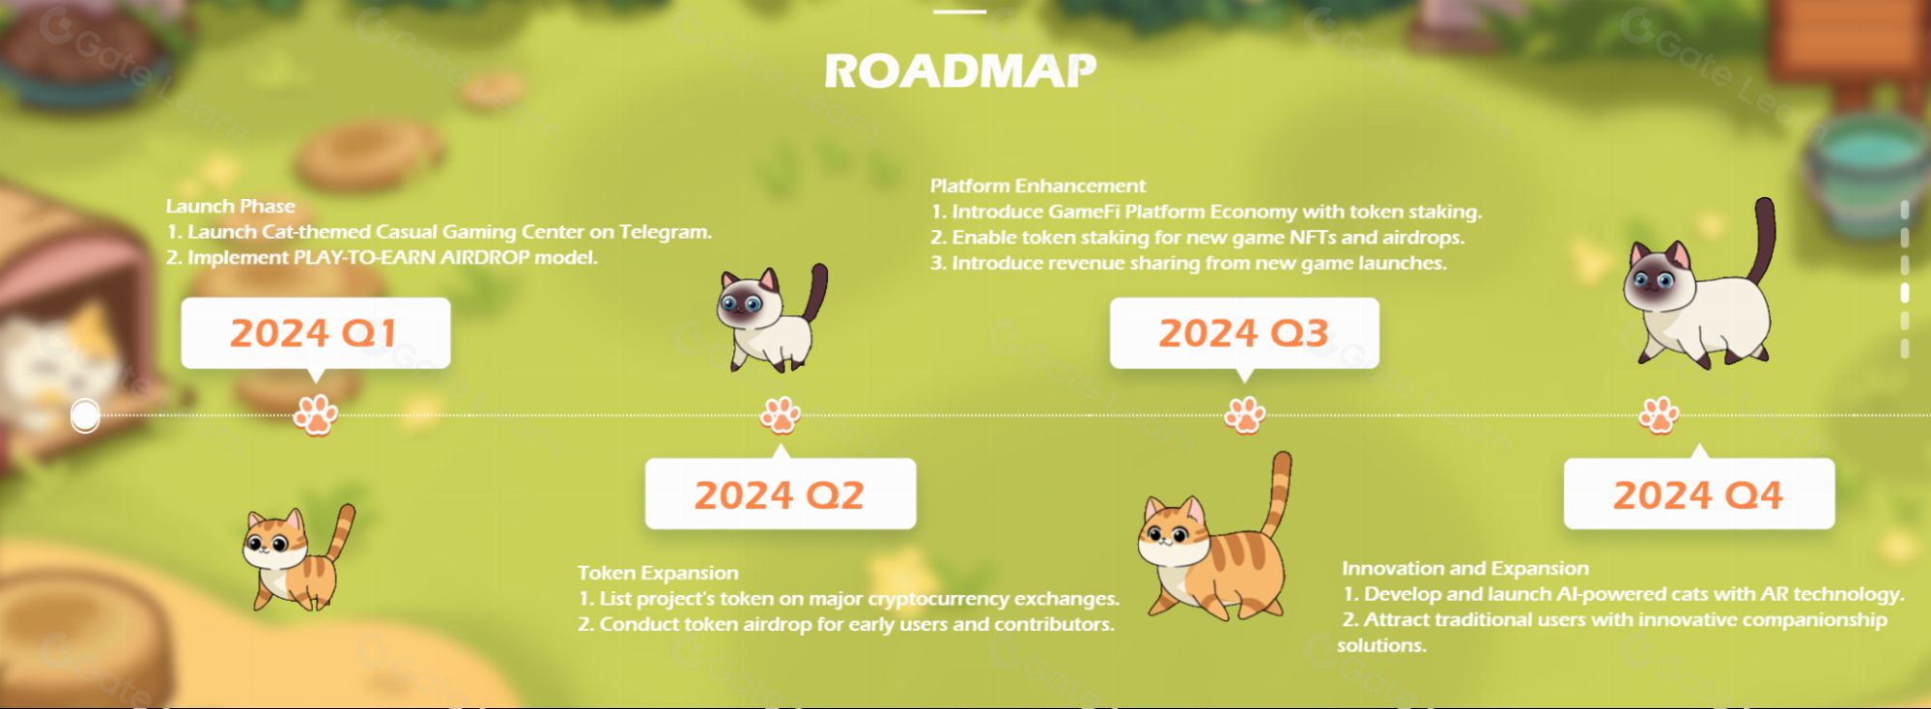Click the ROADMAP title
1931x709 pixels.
(x=960, y=71)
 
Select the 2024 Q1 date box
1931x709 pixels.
(x=315, y=333)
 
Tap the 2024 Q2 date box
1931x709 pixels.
(x=780, y=495)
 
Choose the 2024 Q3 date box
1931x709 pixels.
(x=1244, y=333)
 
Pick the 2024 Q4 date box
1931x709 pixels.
(x=1698, y=495)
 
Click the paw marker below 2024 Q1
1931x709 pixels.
(x=315, y=415)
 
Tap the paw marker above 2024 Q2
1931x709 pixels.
(x=781, y=415)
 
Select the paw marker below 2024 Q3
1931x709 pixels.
(x=1244, y=415)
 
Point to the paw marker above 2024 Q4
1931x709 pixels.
(x=1659, y=415)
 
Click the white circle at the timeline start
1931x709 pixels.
(x=85, y=415)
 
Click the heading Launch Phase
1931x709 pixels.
(x=230, y=206)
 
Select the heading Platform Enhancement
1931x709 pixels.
(x=1037, y=185)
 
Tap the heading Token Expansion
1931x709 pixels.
(x=658, y=573)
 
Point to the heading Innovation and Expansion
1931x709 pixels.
(x=1465, y=568)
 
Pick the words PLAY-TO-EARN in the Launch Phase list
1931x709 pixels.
(x=365, y=258)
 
